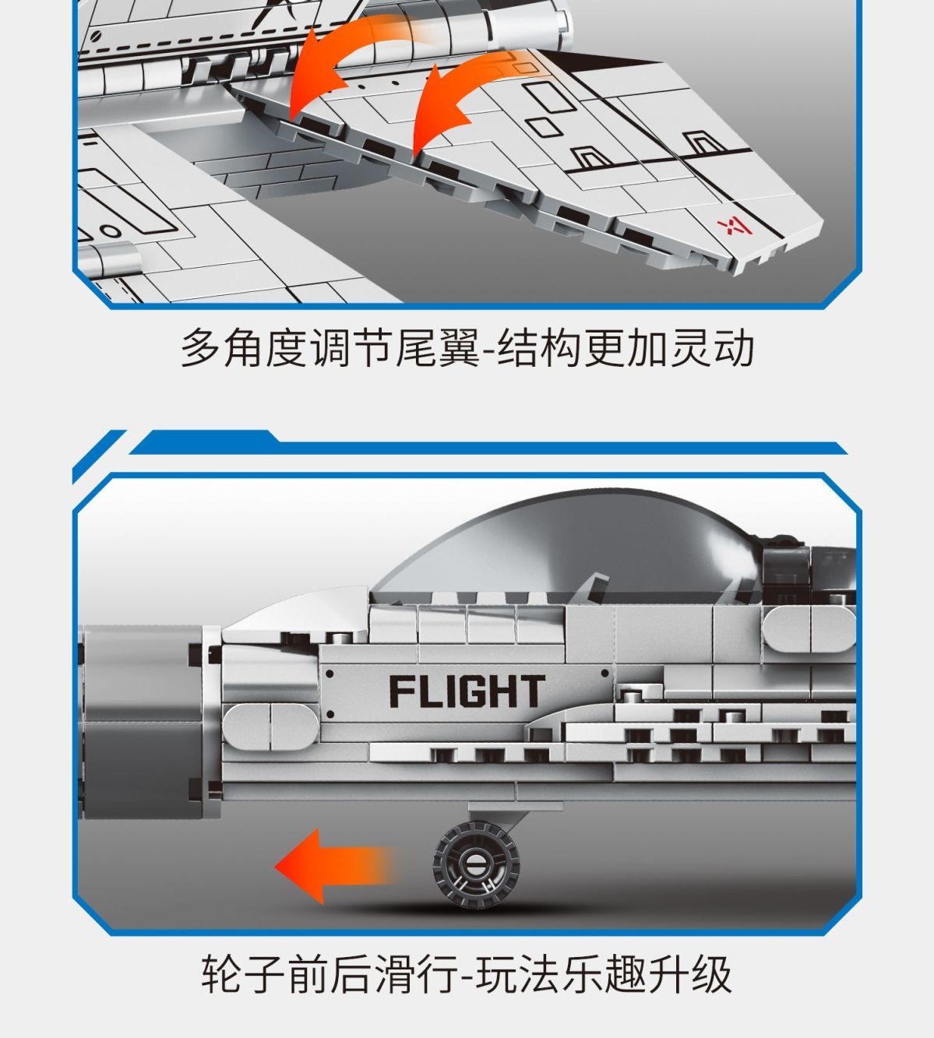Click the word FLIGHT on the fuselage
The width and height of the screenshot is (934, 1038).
click(467, 691)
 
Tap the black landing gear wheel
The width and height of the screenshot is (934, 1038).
click(476, 864)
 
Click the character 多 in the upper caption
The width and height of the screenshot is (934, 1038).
click(201, 348)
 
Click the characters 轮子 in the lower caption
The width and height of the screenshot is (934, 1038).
click(244, 973)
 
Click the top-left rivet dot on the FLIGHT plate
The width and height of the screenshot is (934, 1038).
click(330, 674)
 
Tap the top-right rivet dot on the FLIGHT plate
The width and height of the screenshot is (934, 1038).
click(604, 674)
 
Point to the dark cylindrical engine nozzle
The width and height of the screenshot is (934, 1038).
click(143, 723)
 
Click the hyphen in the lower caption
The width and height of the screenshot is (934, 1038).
click(467, 976)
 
